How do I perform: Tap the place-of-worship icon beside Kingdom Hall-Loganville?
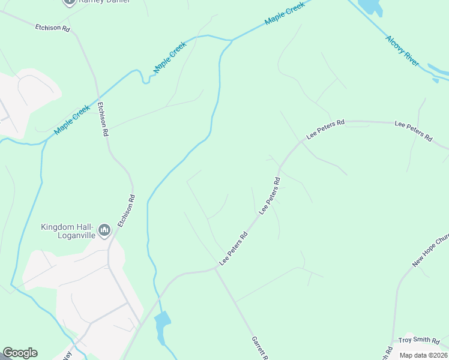(105, 229)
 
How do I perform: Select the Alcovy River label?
(402, 50)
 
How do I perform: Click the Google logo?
(20, 353)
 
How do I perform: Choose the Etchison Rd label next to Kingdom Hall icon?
(126, 211)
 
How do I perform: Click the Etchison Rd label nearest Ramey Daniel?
(52, 28)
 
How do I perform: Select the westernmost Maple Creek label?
(71, 120)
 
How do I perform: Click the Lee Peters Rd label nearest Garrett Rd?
(234, 249)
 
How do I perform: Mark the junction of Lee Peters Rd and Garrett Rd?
(214, 269)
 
